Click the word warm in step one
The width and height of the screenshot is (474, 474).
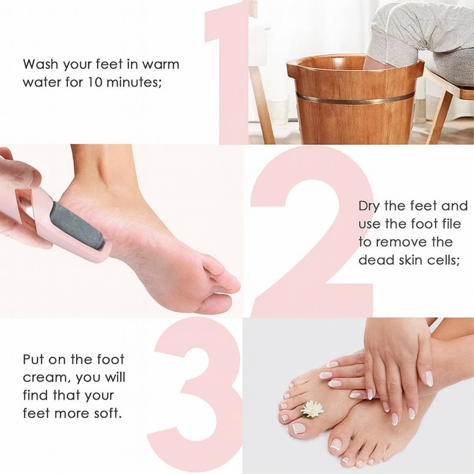coord(161,64)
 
